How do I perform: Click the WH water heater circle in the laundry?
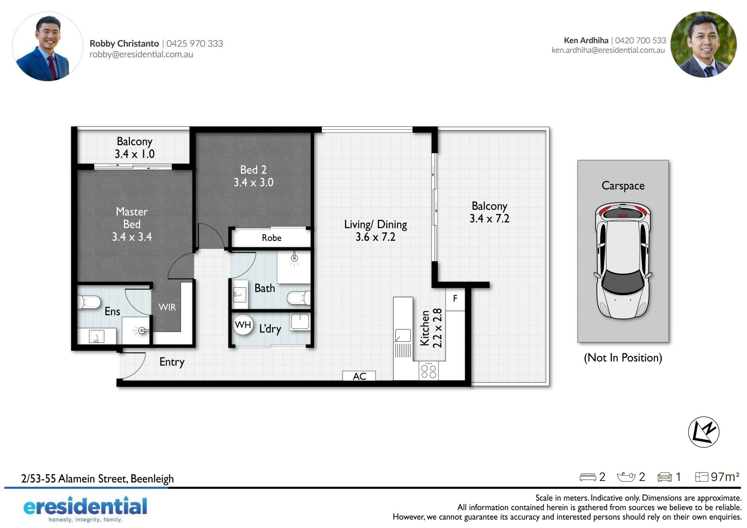pyautogui.click(x=243, y=325)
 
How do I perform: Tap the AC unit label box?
pyautogui.click(x=359, y=376)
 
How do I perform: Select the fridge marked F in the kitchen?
pyautogui.click(x=455, y=299)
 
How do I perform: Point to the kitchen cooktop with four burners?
pyautogui.click(x=428, y=370)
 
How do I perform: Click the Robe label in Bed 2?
pyautogui.click(x=272, y=238)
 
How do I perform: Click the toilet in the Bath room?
pyautogui.click(x=299, y=298)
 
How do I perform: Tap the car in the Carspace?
pyautogui.click(x=623, y=260)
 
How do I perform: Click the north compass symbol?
pyautogui.click(x=703, y=432)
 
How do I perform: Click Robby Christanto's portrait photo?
pyautogui.click(x=47, y=46)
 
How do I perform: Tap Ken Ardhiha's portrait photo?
pyautogui.click(x=703, y=44)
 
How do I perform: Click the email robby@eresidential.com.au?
pyautogui.click(x=141, y=54)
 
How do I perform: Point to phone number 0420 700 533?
pyautogui.click(x=640, y=40)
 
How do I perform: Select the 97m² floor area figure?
pyautogui.click(x=725, y=477)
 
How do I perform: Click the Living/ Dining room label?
pyautogui.click(x=375, y=230)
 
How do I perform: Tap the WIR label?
pyautogui.click(x=167, y=307)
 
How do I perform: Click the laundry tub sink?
pyautogui.click(x=300, y=322)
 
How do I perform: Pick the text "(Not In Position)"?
pyautogui.click(x=623, y=358)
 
